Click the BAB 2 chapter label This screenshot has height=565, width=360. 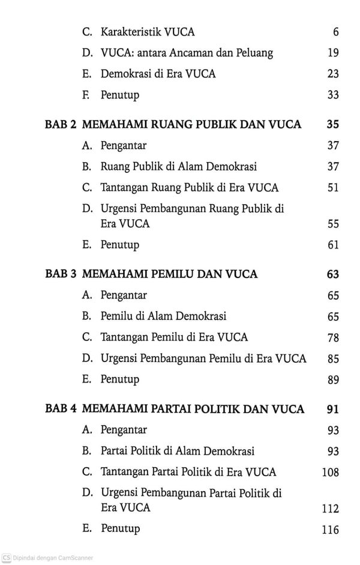61,124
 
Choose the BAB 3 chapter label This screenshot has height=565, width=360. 61,274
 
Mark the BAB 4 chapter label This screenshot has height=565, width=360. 61,409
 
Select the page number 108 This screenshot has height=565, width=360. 331,472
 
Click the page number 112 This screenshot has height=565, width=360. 331,509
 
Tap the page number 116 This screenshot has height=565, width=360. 331,530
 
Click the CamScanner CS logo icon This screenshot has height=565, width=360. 7,557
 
